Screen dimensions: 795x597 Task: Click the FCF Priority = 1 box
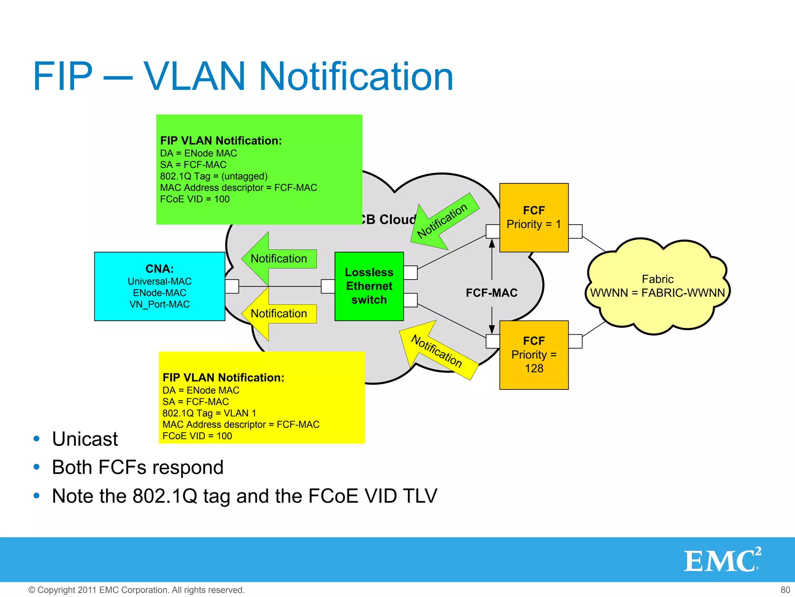pos(534,218)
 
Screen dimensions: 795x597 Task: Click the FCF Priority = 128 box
pos(534,355)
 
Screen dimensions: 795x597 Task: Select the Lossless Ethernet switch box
pos(369,286)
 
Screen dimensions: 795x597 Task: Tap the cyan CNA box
pos(160,286)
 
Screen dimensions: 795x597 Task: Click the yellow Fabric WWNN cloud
pos(658,286)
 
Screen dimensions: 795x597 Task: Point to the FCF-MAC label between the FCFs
pos(491,293)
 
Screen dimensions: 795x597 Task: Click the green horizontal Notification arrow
pos(279,259)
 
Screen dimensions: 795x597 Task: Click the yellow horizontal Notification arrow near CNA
pos(279,314)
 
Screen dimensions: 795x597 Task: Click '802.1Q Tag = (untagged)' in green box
pos(214,176)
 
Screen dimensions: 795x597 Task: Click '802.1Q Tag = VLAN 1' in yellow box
pos(209,413)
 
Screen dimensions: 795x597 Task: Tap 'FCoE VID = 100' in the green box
pos(195,199)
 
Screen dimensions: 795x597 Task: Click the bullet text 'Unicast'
pos(85,439)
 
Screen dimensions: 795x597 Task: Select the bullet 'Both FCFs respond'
pos(138,468)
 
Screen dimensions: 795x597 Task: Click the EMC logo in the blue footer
pos(722,560)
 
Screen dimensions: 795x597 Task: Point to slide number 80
pos(785,590)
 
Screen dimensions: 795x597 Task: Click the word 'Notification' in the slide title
pos(356,77)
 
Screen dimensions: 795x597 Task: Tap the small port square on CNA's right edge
pos(232,286)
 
